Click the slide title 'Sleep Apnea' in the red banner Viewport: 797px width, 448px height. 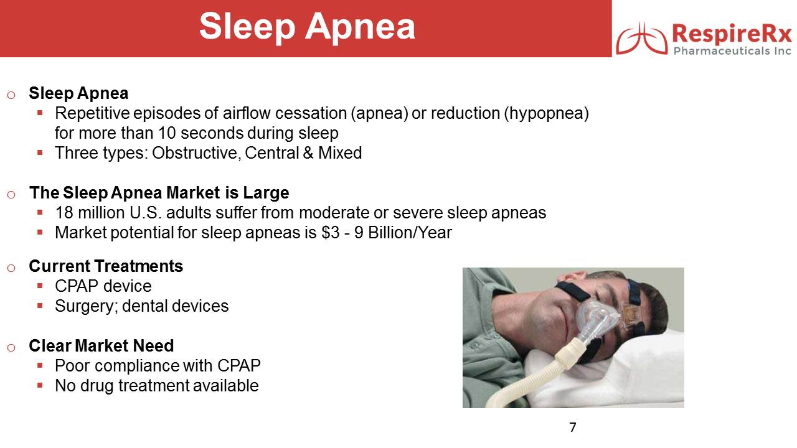307,27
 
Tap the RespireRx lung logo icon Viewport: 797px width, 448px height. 641,39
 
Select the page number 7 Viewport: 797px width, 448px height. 572,427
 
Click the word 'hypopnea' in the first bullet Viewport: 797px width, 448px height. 546,114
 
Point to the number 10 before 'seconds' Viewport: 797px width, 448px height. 167,133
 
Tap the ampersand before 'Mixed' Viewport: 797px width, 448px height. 308,153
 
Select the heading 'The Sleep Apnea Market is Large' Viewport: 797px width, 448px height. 159,193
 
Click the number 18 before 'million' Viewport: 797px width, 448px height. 64,213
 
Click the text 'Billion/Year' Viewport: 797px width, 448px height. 410,233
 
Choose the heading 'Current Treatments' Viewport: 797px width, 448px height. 106,266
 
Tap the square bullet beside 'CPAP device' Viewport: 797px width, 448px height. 40,286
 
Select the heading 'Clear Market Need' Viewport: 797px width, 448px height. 101,346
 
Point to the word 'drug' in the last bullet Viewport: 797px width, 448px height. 97,386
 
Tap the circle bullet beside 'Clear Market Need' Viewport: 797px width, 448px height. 11,347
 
